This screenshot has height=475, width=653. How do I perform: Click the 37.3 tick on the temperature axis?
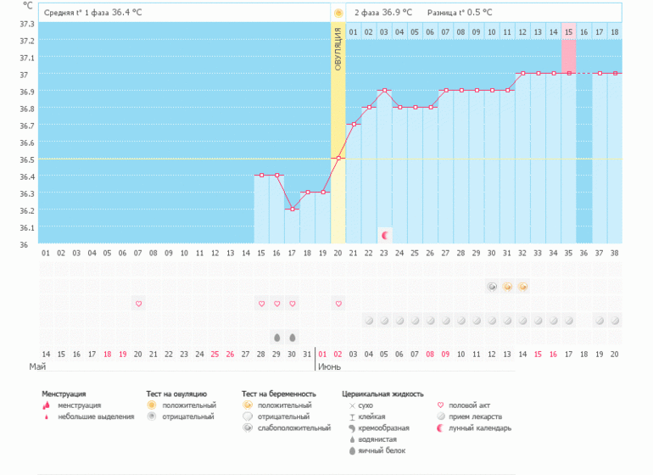pyautogui.click(x=27, y=24)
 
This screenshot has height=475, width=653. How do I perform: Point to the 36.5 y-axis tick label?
pyautogui.click(x=27, y=159)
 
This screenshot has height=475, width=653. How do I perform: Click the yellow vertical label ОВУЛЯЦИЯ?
pyautogui.click(x=338, y=49)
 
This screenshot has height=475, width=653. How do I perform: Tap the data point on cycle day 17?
pyautogui.click(x=292, y=209)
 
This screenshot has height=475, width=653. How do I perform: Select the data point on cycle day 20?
pyautogui.click(x=338, y=158)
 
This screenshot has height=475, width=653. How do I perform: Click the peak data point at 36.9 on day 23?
pyautogui.click(x=384, y=90)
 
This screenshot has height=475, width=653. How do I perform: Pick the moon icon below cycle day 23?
pyautogui.click(x=384, y=235)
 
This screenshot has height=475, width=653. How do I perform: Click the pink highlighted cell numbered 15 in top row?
pyautogui.click(x=568, y=31)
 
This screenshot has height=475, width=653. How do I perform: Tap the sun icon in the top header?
pyautogui.click(x=338, y=13)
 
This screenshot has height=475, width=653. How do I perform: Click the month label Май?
pyautogui.click(x=37, y=367)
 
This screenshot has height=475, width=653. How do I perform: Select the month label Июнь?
pyautogui.click(x=329, y=367)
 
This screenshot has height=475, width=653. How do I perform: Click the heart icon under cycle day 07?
pyautogui.click(x=138, y=303)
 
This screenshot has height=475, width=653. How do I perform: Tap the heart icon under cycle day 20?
pyautogui.click(x=338, y=303)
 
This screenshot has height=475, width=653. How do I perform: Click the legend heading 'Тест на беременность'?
pyautogui.click(x=279, y=394)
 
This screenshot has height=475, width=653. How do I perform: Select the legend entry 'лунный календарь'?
pyautogui.click(x=478, y=427)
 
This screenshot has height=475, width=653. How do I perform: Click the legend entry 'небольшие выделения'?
pyautogui.click(x=96, y=416)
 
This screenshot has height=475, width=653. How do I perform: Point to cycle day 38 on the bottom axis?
pyautogui.click(x=614, y=252)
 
